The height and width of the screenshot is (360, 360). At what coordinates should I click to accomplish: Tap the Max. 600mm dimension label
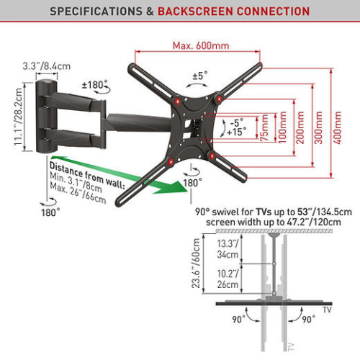[x=201, y=45]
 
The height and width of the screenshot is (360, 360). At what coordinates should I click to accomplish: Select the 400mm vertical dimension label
[x=337, y=127]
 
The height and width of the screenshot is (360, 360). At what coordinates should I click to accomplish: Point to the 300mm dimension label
[x=319, y=127]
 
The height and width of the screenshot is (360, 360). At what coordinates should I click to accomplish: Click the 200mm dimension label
[x=300, y=127]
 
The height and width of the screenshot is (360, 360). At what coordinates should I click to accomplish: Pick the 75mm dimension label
[x=264, y=128]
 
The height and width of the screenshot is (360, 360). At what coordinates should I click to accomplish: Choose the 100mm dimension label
[x=283, y=127]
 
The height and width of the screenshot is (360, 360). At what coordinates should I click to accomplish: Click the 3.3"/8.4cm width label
[x=47, y=66]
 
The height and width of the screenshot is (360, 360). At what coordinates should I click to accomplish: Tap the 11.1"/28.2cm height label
[x=18, y=117]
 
